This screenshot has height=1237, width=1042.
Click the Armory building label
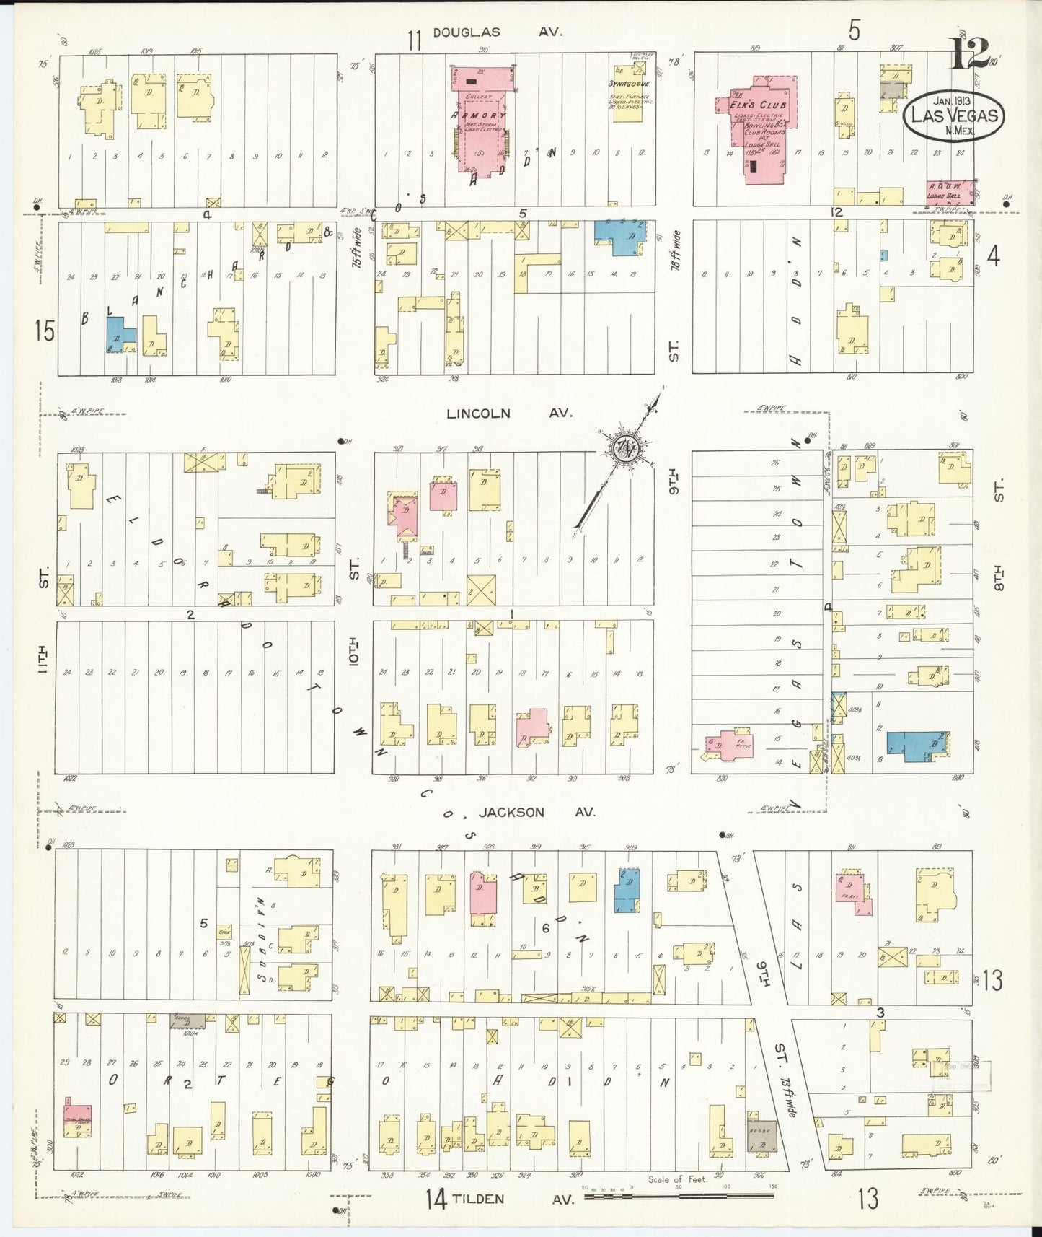tap(479, 115)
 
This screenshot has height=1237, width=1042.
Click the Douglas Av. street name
tap(497, 32)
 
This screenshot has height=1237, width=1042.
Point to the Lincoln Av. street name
tap(508, 414)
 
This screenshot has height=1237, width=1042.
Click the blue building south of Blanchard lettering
tap(118, 334)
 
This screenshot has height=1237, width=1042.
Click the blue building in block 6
tap(626, 891)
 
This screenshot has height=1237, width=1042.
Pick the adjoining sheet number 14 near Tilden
tap(436, 1199)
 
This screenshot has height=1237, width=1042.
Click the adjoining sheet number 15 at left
tap(44, 331)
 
